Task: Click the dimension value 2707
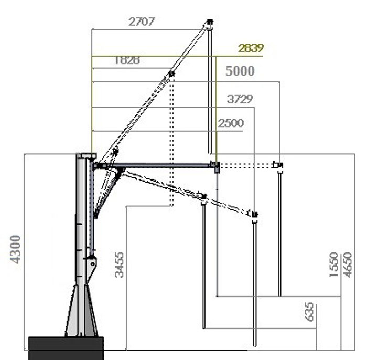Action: click(142, 22)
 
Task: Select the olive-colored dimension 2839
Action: click(251, 48)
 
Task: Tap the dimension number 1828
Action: click(127, 60)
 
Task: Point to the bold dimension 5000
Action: click(240, 71)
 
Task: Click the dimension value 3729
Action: click(240, 99)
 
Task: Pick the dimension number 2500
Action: click(231, 123)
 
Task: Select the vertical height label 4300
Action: click(15, 249)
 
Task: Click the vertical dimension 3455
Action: click(119, 264)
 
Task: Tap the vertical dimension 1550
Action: click(334, 264)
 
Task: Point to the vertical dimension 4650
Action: click(347, 264)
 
